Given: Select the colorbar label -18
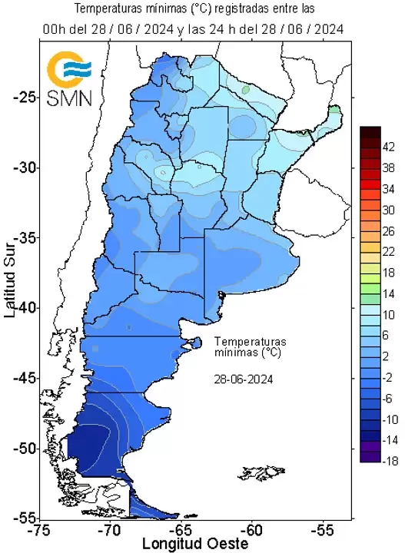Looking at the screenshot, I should (389, 461).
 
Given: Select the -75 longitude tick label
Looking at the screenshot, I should (38, 531).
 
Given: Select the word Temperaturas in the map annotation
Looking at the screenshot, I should (250, 340).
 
